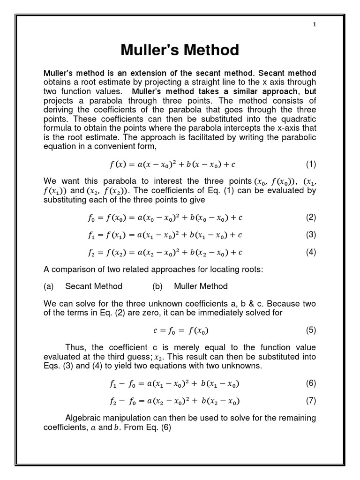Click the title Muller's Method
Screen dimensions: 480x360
click(x=180, y=50)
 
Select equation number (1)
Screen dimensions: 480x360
click(x=311, y=165)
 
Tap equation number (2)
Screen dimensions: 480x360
click(x=311, y=217)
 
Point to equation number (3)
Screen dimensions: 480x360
click(x=311, y=235)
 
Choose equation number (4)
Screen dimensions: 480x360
click(x=311, y=252)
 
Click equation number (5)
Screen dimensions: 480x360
click(x=311, y=330)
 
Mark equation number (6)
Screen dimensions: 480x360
click(x=311, y=383)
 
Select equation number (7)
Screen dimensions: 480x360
click(x=311, y=401)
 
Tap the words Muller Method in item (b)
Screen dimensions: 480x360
click(x=201, y=286)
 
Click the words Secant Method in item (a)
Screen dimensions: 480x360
click(x=94, y=286)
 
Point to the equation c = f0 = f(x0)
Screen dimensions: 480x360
click(x=180, y=330)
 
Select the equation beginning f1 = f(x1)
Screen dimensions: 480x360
click(x=165, y=235)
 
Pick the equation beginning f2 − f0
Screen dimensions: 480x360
click(x=173, y=401)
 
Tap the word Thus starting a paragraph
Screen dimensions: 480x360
click(x=76, y=347)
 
